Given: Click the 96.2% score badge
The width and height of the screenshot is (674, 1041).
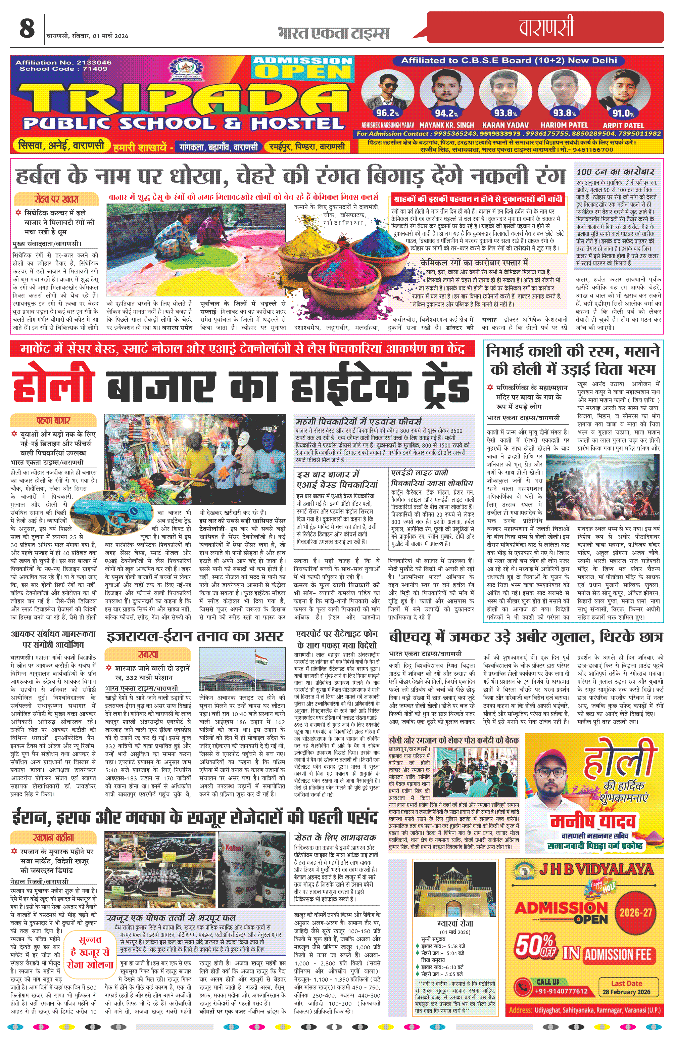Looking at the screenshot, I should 387,113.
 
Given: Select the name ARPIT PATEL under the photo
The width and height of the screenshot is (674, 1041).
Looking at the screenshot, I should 623,125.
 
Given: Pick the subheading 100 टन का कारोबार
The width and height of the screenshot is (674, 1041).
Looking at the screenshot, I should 615,172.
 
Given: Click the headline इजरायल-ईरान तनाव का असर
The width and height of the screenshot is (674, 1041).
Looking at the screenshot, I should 195,636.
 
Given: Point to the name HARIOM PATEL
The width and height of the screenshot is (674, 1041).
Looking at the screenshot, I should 564,125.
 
